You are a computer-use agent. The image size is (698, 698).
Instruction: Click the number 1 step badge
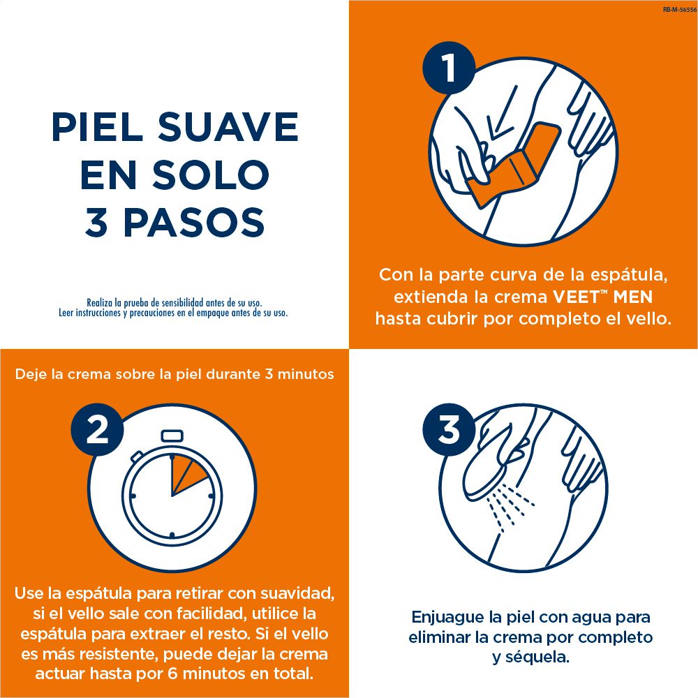tap(449, 68)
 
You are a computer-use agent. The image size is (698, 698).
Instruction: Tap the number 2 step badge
tap(97, 429)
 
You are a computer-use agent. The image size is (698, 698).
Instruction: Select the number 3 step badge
tap(449, 429)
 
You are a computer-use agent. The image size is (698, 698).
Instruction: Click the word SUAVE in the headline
tap(228, 127)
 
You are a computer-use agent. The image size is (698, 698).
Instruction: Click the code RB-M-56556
tap(679, 9)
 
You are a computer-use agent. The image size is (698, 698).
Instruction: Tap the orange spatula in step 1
tap(512, 165)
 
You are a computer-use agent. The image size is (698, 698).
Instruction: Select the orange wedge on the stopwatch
tap(188, 474)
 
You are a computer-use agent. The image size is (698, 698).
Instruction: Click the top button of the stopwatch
tap(172, 436)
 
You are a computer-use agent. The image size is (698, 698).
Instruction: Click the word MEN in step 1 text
tap(632, 297)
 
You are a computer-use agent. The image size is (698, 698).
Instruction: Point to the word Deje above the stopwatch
tap(31, 374)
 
